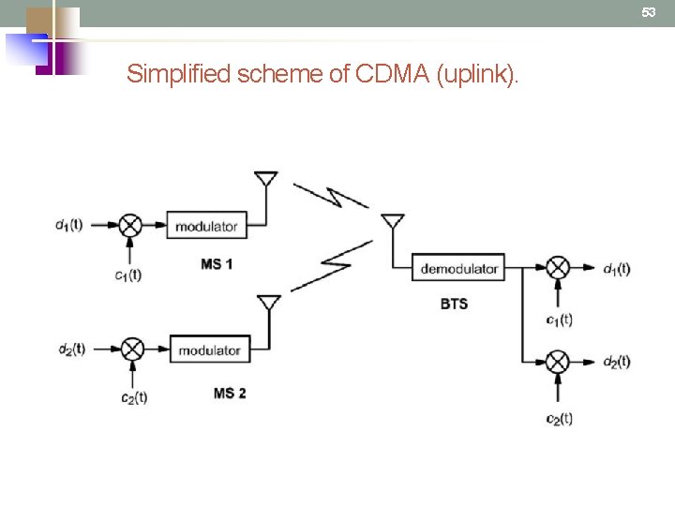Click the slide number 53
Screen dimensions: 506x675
click(x=648, y=12)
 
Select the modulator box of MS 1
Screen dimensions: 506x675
click(x=206, y=226)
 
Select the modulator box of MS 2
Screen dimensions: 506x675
click(x=209, y=350)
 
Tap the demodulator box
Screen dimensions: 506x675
click(x=458, y=268)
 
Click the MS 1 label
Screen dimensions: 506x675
click(x=217, y=264)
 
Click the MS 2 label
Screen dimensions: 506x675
click(x=230, y=393)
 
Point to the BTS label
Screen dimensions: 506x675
click(x=454, y=304)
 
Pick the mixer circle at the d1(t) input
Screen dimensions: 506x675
click(x=131, y=225)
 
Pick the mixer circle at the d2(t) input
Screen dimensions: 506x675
click(x=133, y=349)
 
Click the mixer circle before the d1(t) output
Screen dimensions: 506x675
click(x=559, y=268)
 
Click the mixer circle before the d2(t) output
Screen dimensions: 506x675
click(x=559, y=361)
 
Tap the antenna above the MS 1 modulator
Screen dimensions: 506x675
click(x=266, y=181)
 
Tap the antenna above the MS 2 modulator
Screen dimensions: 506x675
click(x=269, y=305)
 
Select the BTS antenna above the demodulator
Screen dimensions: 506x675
click(x=392, y=223)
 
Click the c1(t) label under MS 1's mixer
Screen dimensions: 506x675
click(x=127, y=275)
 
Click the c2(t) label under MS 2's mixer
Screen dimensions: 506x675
click(x=133, y=397)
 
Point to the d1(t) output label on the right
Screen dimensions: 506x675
click(x=616, y=269)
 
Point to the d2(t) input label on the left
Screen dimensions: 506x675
click(x=71, y=349)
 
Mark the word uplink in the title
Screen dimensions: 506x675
click(x=476, y=74)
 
